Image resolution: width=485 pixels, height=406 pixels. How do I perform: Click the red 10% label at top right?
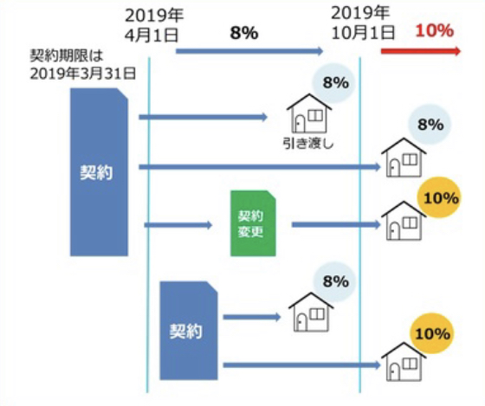point(434,30)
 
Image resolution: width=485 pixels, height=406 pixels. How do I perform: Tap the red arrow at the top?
point(421,51)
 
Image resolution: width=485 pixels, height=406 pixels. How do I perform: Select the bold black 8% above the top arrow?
point(244,33)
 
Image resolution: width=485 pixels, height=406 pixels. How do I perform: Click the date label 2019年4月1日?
point(154,25)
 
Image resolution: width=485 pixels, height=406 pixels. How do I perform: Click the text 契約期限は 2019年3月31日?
point(83,65)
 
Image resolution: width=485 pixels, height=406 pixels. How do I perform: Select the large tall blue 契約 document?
point(99,172)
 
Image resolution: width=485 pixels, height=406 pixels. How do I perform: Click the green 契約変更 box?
point(253,223)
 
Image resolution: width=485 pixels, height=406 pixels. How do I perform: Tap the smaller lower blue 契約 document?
point(189,331)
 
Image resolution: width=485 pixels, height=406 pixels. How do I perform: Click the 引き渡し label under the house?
point(308,144)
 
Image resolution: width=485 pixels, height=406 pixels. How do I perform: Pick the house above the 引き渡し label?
point(309,113)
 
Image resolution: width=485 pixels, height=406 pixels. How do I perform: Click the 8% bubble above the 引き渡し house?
point(333,82)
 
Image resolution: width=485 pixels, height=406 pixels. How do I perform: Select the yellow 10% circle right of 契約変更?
point(438,198)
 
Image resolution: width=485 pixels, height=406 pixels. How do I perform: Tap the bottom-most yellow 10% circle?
point(431,333)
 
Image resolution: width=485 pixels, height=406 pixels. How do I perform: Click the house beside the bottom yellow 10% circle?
point(404,363)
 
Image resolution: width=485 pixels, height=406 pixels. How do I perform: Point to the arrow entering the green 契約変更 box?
point(178,225)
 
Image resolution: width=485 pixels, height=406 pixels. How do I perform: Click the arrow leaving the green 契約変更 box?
point(336,225)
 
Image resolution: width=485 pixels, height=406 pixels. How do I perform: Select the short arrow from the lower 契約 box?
point(252,317)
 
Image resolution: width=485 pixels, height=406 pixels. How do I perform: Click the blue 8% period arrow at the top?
point(249,51)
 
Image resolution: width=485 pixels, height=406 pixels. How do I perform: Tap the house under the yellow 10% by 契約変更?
point(404,221)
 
